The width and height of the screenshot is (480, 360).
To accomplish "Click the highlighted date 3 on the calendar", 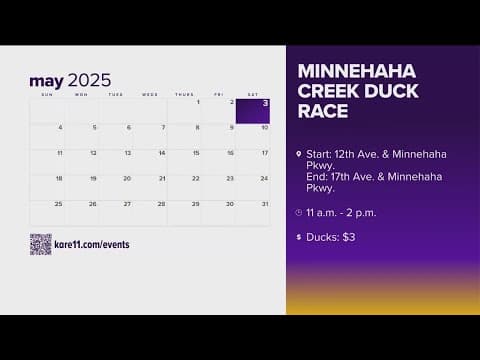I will click(252, 111).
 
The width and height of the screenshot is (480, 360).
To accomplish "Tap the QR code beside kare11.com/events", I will click(40, 244).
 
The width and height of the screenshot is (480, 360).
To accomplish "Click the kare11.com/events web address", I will click(92, 244).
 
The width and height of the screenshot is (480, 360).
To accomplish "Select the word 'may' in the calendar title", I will click(46, 81).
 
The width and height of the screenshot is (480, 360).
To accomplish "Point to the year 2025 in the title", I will click(90, 81).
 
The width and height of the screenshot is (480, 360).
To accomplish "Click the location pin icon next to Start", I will click(299, 154).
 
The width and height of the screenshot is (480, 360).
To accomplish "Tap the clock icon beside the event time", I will click(299, 213).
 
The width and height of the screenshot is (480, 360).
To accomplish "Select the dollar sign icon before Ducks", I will click(299, 237).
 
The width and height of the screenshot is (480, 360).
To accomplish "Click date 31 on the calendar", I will click(264, 204).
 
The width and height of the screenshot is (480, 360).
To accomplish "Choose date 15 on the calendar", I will click(196, 153).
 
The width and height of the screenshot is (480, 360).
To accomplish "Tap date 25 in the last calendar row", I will click(58, 204).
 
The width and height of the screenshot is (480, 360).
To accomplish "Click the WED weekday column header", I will click(149, 95).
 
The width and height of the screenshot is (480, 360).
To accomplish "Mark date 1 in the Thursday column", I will click(198, 102).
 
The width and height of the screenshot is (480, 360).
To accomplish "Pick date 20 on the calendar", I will click(127, 179).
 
